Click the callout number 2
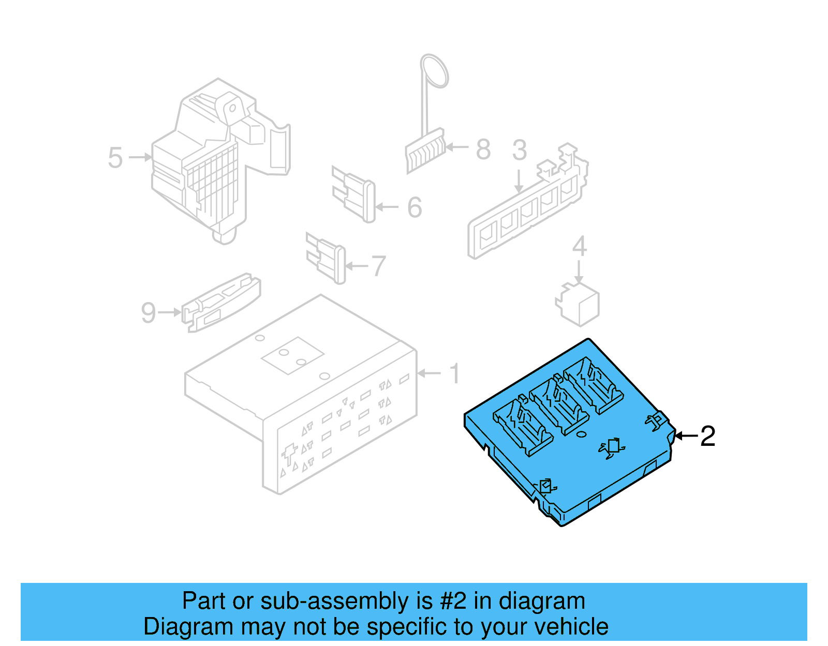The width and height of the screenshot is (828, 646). coord(707,436)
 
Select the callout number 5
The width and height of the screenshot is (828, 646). coord(115,158)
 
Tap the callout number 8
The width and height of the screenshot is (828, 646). coord(483,149)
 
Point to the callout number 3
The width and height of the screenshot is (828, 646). coord(519,150)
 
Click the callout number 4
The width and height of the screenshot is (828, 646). coord(579,246)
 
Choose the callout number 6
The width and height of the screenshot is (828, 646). coord(415,207)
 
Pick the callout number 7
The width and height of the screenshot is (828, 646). coord(379,266)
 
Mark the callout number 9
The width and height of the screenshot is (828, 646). coord(148,313)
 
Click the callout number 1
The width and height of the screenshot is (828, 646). coord(454,373)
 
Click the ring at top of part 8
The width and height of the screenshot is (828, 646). coord(434,70)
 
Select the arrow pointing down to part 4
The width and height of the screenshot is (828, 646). coord(579,272)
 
